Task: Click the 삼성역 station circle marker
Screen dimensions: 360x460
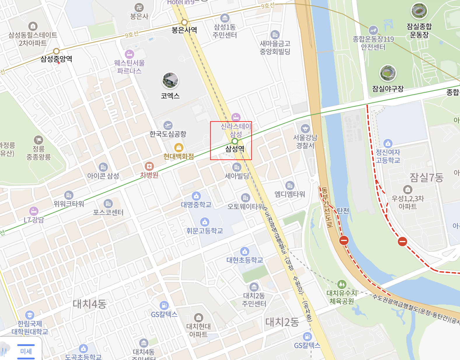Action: pos(235,141)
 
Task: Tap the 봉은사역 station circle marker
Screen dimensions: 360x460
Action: pos(184,22)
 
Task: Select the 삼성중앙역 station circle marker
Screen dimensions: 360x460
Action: pos(56,51)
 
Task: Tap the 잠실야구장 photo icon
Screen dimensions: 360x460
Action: pos(388,73)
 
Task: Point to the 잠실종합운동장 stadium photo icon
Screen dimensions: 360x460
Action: pos(419,11)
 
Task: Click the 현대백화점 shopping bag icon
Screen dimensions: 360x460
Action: pos(179,148)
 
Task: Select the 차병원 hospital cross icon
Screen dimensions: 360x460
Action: pos(149,166)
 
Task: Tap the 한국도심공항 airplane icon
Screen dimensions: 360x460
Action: pos(168,125)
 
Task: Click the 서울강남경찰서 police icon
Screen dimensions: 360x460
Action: pos(305,128)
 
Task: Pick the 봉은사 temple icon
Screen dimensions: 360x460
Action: pos(139,8)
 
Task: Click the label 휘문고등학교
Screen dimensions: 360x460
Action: pos(205,231)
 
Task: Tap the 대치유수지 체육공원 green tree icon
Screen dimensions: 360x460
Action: pos(342,284)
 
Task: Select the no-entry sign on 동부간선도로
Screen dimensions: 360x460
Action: pos(344,241)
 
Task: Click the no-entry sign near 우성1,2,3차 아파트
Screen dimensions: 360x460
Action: pos(403,241)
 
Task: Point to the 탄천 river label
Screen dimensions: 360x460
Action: pos(343,211)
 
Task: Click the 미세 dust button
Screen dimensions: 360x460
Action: pos(26,352)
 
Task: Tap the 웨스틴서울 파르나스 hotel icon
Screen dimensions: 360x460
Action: pos(129,54)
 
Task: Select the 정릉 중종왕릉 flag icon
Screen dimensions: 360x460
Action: pos(38,140)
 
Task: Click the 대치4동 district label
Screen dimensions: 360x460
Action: pos(89,304)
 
